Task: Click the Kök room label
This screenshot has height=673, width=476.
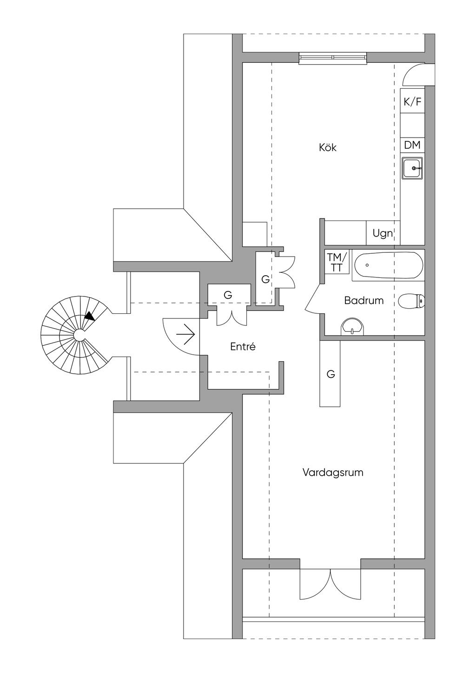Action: pyautogui.click(x=327, y=148)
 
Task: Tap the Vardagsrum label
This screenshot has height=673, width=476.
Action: pyautogui.click(x=333, y=473)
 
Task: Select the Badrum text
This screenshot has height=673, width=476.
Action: pyautogui.click(x=364, y=300)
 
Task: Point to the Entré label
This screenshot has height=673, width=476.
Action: pyautogui.click(x=243, y=347)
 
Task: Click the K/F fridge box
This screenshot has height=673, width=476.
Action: pyautogui.click(x=412, y=102)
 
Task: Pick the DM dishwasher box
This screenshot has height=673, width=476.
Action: pyautogui.click(x=412, y=145)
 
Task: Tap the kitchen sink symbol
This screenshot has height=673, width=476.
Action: pyautogui.click(x=413, y=168)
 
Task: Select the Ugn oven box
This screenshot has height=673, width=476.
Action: pyautogui.click(x=383, y=233)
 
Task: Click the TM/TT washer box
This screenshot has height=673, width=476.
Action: pyautogui.click(x=337, y=263)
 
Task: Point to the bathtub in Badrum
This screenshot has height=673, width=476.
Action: pyautogui.click(x=388, y=265)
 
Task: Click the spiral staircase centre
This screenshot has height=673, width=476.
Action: pyautogui.click(x=79, y=335)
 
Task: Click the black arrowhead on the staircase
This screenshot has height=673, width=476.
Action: pyautogui.click(x=90, y=316)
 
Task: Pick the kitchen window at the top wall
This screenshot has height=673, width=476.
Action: pyautogui.click(x=333, y=58)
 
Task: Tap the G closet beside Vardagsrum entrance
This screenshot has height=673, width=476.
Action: pyautogui.click(x=331, y=374)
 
